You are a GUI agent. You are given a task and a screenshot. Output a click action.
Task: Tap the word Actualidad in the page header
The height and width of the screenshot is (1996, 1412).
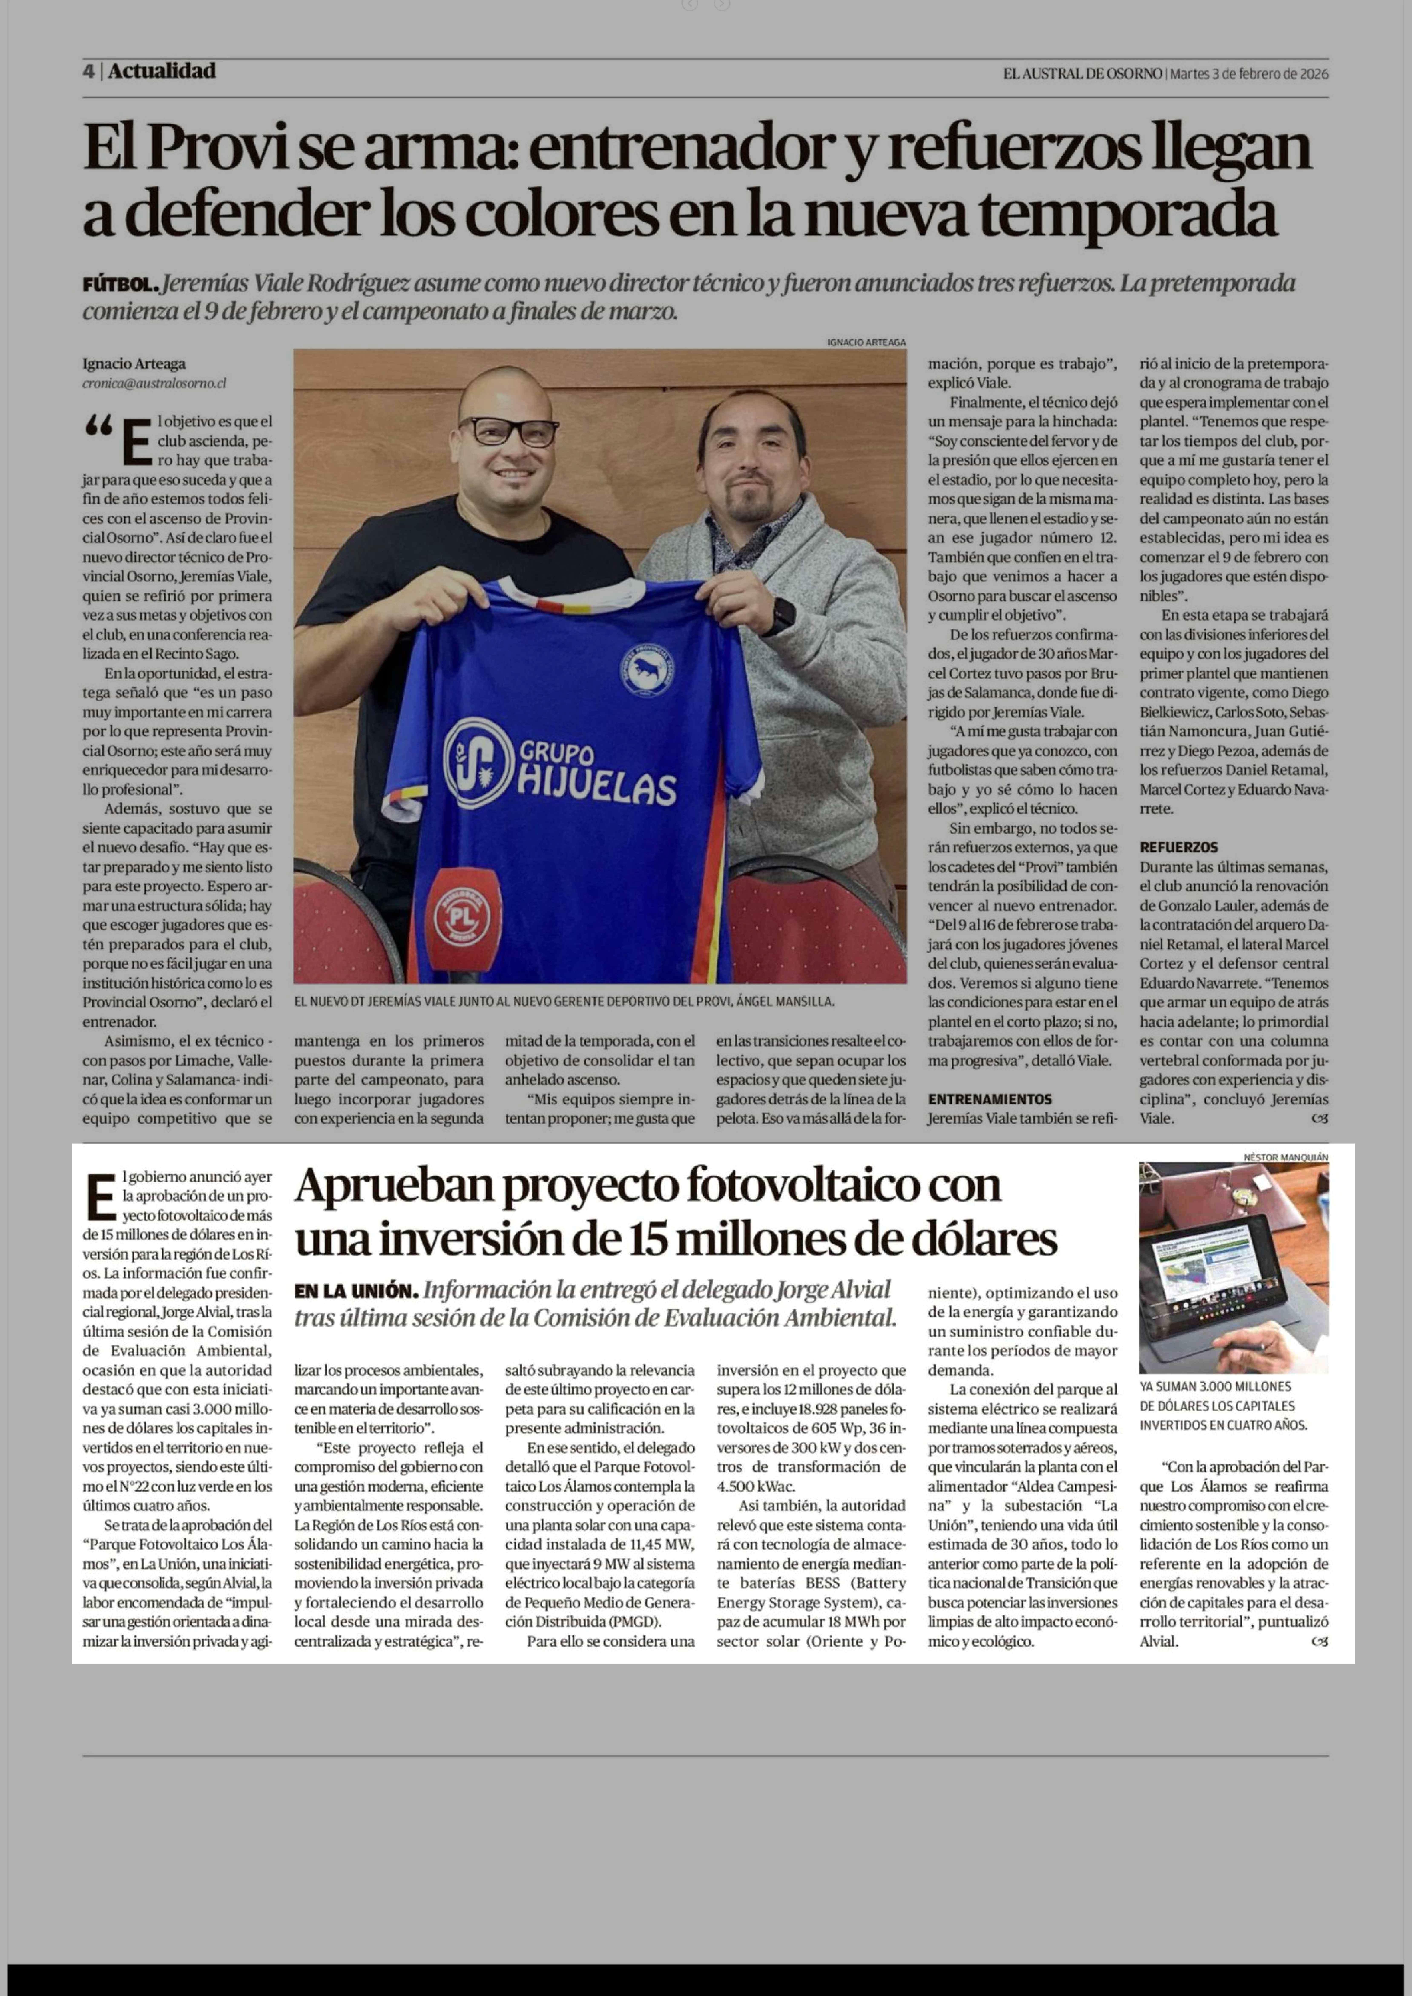(162, 71)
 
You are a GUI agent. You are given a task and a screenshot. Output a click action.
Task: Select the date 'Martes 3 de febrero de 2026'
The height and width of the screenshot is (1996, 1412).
(1248, 74)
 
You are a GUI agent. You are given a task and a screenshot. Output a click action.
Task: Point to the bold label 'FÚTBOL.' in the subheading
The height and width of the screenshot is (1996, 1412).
(120, 284)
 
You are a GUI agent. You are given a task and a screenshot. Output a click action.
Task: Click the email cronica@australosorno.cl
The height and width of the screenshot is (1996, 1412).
(155, 383)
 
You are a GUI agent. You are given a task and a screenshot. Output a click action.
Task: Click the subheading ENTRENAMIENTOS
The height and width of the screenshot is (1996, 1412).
(990, 1099)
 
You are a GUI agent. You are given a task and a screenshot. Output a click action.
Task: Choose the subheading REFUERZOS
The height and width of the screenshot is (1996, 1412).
(1179, 847)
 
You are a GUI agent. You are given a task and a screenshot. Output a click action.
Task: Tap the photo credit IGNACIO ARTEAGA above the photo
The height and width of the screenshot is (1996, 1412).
(866, 343)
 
